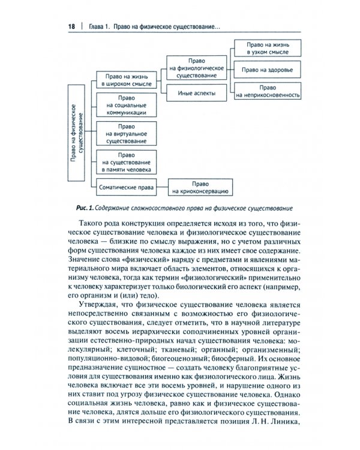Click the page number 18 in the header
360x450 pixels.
71,27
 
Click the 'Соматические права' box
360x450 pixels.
125,188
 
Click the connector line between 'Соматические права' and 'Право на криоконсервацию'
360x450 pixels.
161,188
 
